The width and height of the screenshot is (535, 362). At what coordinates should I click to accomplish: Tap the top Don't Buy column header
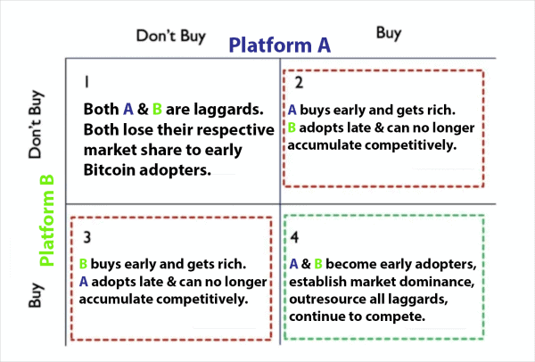(170, 37)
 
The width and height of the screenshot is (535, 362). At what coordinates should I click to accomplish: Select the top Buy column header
(388, 33)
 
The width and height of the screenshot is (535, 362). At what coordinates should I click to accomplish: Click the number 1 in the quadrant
(86, 81)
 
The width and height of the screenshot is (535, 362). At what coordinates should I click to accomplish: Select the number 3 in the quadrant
(86, 237)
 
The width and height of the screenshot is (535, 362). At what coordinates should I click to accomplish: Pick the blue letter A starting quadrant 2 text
(292, 111)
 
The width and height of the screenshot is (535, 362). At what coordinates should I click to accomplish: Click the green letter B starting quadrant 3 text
(83, 265)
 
